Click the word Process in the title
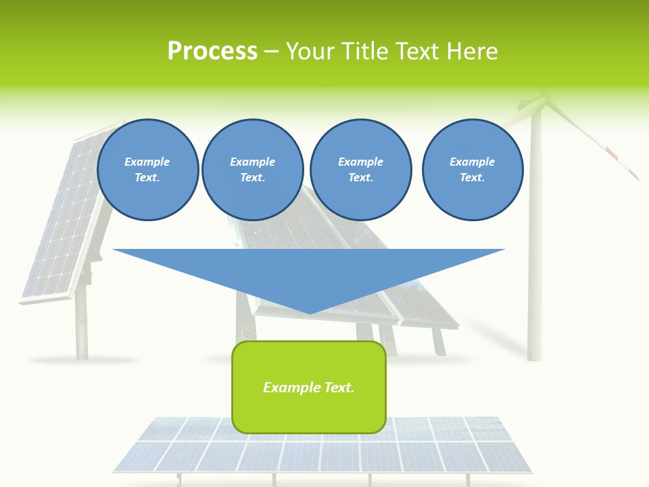pos(212,51)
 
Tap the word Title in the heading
pos(364,51)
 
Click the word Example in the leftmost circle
pos(147,162)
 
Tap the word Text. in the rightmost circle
pos(472,177)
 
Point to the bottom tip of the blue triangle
pos(310,312)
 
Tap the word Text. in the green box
pos(340,388)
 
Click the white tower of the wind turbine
pos(535,271)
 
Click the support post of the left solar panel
pos(82,325)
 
